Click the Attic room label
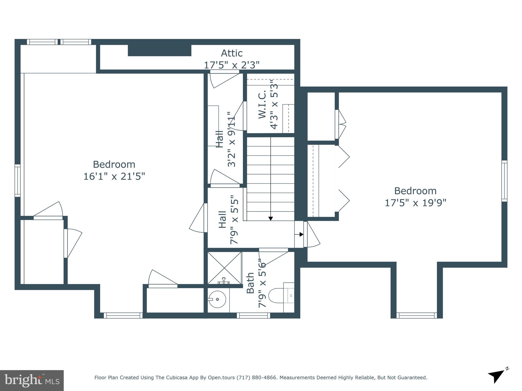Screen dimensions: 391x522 point(231,53)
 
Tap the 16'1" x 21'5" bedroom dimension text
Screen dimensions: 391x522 point(114,176)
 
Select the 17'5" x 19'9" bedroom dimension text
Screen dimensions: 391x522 point(415,203)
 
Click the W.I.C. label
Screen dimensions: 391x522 point(262,104)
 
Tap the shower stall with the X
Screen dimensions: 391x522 point(224,268)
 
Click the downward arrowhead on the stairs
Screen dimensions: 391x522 point(270,218)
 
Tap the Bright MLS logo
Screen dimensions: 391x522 point(32,381)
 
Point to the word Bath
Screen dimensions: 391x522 point(250,283)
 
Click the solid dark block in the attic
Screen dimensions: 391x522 point(159,50)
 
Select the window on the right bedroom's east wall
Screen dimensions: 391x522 point(504,181)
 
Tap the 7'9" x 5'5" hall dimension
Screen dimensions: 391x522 point(234,220)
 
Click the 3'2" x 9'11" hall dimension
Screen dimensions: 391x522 point(231,139)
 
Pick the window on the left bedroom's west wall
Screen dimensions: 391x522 point(17,180)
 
